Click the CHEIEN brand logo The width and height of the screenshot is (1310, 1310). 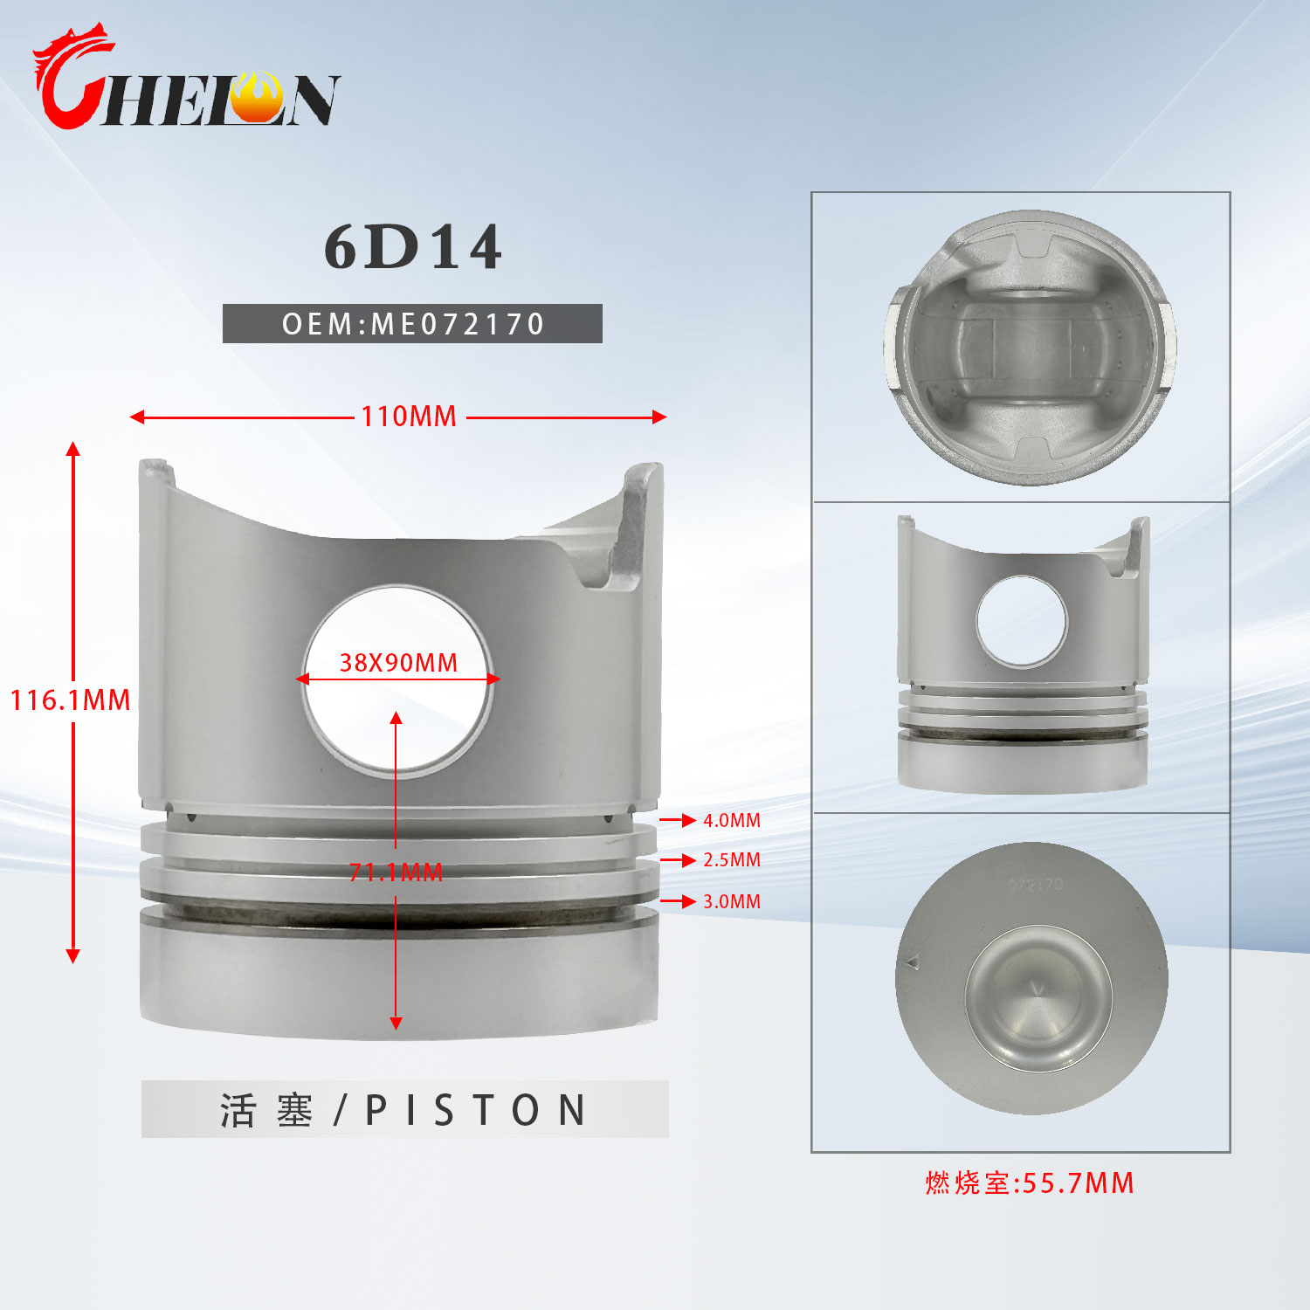pyautogui.click(x=185, y=80)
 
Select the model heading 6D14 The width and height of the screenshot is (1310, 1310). pyautogui.click(x=412, y=247)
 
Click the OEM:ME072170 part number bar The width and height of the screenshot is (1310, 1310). pyautogui.click(x=412, y=324)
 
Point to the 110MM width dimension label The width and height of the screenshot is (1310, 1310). pyautogui.click(x=409, y=417)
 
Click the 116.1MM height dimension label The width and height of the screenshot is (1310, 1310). pyautogui.click(x=70, y=700)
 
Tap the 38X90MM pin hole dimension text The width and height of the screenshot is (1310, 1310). pyautogui.click(x=398, y=663)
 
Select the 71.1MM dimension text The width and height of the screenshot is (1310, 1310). pyautogui.click(x=396, y=872)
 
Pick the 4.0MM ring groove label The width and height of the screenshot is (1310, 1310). pyautogui.click(x=732, y=821)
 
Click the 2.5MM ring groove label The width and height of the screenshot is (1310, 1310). pyautogui.click(x=732, y=860)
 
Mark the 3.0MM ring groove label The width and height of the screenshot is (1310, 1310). pyautogui.click(x=732, y=901)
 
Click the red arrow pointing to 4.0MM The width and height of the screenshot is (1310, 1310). pyautogui.click(x=678, y=821)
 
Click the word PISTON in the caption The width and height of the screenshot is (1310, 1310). pyautogui.click(x=476, y=1110)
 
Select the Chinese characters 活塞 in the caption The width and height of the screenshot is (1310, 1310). pyautogui.click(x=265, y=1110)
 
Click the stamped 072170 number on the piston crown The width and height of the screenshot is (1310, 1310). pyautogui.click(x=1035, y=885)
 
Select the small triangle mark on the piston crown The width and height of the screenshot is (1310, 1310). pyautogui.click(x=913, y=962)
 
